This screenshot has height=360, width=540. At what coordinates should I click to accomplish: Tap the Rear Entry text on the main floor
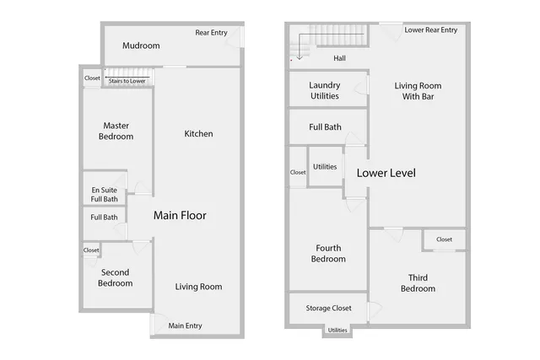coord(212,33)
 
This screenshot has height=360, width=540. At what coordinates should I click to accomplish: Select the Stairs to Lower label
coord(127,81)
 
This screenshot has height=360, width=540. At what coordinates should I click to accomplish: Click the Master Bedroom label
coord(116,131)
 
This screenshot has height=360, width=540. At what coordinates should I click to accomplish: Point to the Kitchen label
coord(198,134)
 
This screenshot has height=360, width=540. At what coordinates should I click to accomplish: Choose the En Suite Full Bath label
coord(105,195)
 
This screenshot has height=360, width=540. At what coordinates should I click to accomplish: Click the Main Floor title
coord(180,216)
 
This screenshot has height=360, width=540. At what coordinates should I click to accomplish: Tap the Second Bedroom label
coord(116,278)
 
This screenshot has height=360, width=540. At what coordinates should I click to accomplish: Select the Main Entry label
coord(186,326)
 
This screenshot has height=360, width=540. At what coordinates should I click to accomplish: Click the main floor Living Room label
coord(198,287)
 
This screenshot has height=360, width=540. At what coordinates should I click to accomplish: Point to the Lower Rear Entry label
coord(430,30)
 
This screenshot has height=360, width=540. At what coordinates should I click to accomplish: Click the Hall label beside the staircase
coord(339,58)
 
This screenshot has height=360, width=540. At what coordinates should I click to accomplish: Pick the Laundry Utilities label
coord(324,90)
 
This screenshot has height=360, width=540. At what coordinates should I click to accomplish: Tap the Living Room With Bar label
coord(418,90)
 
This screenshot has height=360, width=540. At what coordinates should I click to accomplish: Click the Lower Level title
coord(386,173)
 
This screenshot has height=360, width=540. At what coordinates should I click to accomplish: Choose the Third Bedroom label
coord(418,283)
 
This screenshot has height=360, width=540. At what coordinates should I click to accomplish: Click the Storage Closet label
coord(328,309)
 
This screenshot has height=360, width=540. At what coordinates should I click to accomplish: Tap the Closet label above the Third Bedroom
coord(444,239)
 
